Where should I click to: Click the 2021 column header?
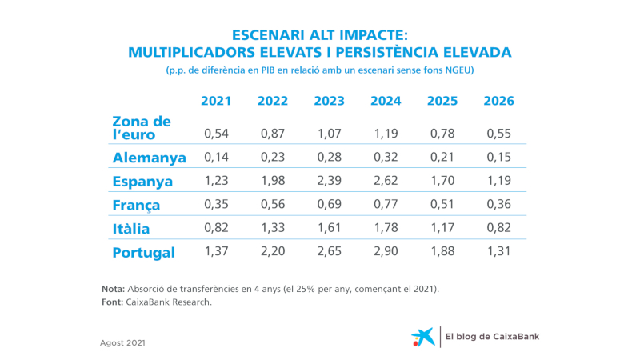click(216, 102)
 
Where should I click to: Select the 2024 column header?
click(386, 102)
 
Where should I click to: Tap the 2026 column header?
click(499, 102)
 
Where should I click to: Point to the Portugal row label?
click(144, 253)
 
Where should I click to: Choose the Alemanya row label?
click(150, 158)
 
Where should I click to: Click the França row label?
click(137, 206)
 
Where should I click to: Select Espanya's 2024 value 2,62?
click(386, 181)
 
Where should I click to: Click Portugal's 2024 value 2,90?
click(386, 252)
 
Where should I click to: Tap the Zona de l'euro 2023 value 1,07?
click(330, 133)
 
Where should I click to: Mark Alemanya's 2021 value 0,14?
click(216, 157)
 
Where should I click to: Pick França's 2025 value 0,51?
click(442, 205)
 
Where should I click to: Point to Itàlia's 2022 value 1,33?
click(273, 228)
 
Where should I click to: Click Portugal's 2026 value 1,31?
click(499, 252)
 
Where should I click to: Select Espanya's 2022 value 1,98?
click(273, 181)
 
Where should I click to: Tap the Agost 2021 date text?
click(122, 342)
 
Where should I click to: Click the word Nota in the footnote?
click(113, 288)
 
